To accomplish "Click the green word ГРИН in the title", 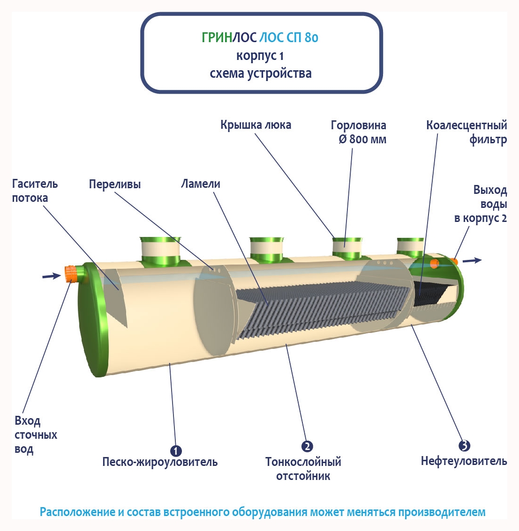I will [217, 37].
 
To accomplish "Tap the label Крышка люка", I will [256, 125].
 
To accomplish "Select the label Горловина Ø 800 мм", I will [359, 132].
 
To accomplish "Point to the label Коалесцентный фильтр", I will [466, 132].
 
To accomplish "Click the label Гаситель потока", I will [35, 191].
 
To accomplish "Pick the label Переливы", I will [115, 184].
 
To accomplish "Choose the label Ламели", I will [201, 184].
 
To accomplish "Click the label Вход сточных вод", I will [36, 435].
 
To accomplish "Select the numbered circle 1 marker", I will [176, 451].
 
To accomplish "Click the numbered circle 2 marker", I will [307, 446].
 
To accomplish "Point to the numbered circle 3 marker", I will [464, 446].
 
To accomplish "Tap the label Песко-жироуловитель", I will [160, 462].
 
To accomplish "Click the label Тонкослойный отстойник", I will [303, 469].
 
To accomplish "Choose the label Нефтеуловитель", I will [464, 461].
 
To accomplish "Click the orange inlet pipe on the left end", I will [71, 274].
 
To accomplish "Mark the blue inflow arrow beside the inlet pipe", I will [51, 276].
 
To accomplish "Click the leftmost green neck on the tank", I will [160, 251].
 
